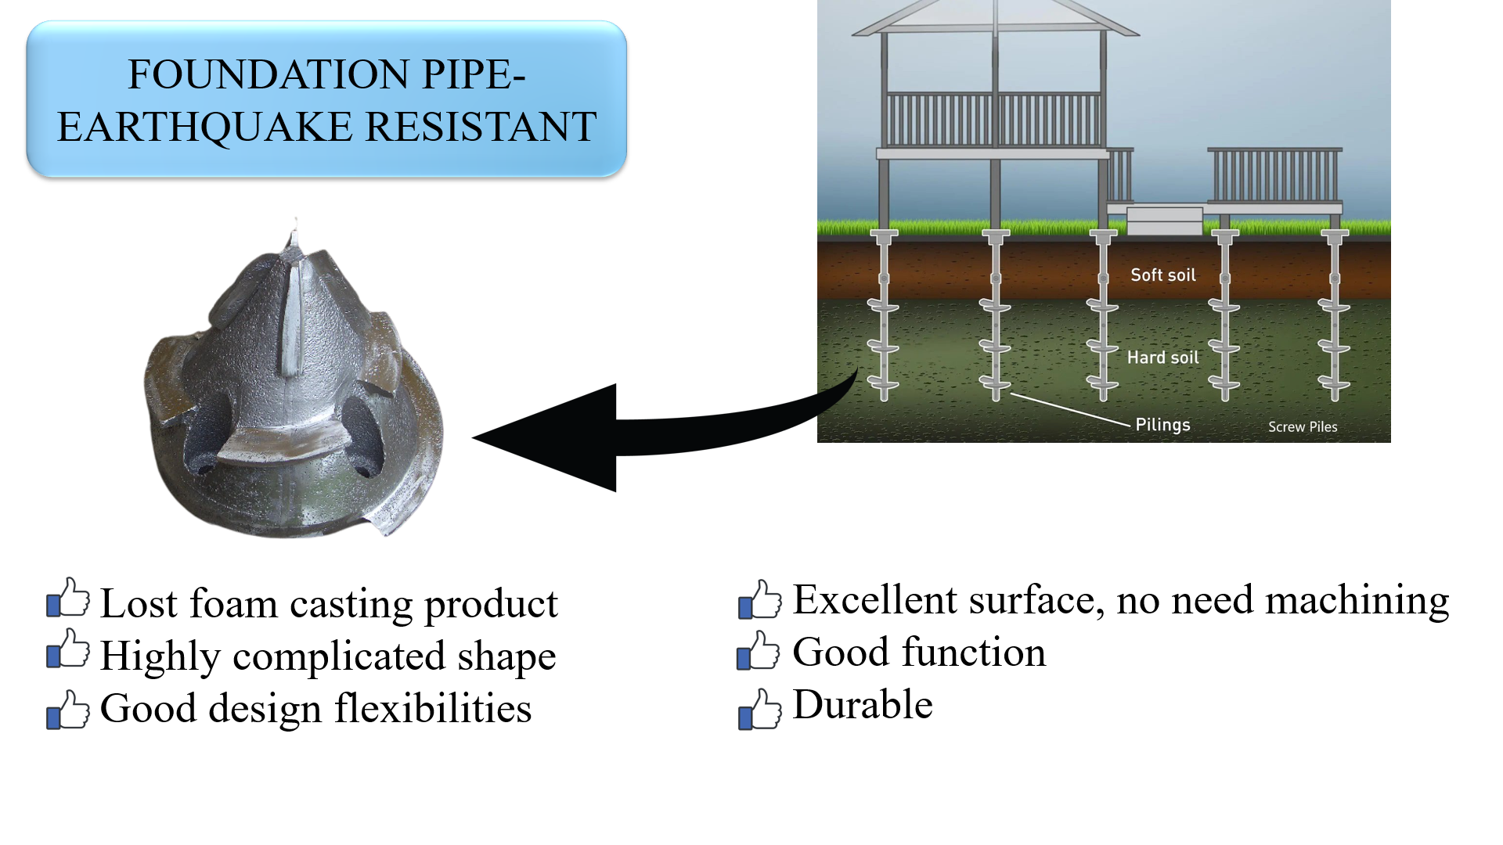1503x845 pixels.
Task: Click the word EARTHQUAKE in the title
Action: [205, 127]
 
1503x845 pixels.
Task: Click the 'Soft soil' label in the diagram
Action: [1163, 275]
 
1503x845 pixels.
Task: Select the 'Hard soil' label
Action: [1162, 358]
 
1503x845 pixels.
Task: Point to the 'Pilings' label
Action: [1162, 424]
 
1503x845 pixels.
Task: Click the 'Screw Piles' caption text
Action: [1303, 426]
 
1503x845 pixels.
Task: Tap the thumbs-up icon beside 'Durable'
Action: [760, 709]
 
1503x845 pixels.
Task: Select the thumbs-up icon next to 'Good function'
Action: [759, 650]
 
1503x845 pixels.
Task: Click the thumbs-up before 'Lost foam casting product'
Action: [68, 597]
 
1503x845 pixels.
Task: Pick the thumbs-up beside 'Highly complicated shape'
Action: [68, 649]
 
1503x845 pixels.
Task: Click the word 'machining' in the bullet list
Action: [1357, 600]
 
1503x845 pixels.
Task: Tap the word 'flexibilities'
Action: [433, 708]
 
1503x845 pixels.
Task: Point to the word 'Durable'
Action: [863, 704]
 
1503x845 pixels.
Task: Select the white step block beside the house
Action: [1165, 220]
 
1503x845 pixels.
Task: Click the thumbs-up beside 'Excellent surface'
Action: [760, 599]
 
